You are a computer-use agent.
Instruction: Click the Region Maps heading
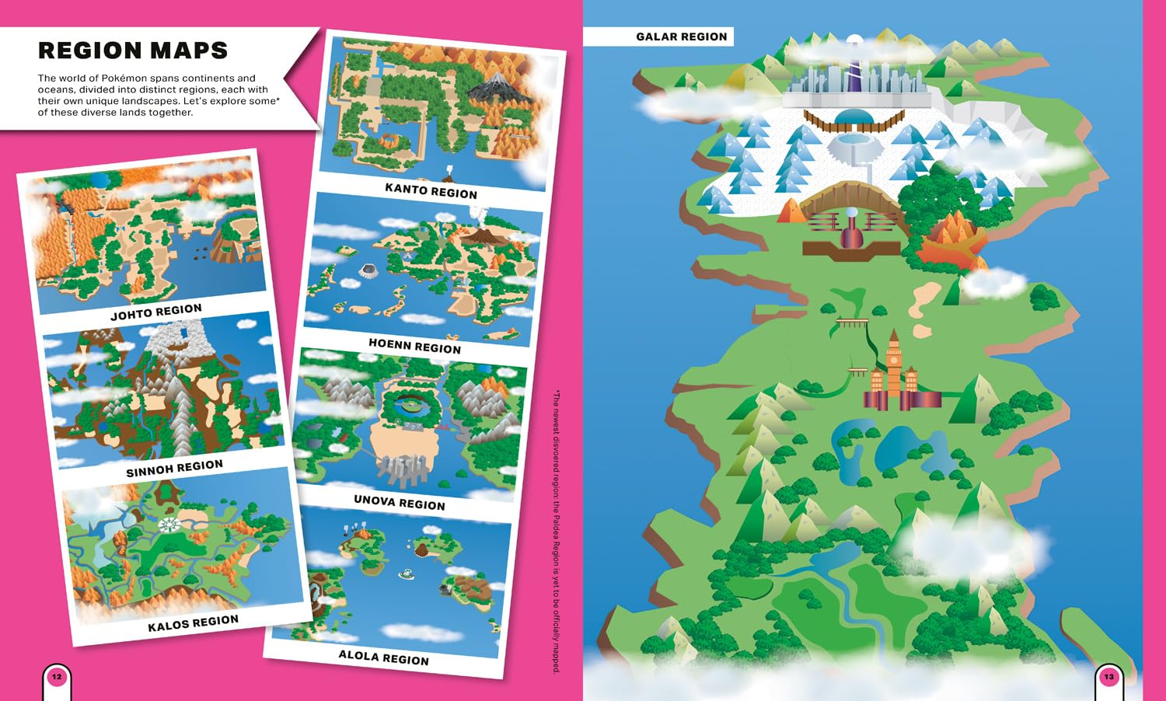133,51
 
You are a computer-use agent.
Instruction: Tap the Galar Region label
681,37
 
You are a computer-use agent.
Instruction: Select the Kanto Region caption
431,190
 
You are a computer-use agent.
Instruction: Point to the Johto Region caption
156,312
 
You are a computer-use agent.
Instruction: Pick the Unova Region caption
400,502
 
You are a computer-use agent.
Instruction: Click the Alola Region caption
383,657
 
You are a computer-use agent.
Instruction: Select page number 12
57,677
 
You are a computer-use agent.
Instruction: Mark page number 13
1108,677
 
